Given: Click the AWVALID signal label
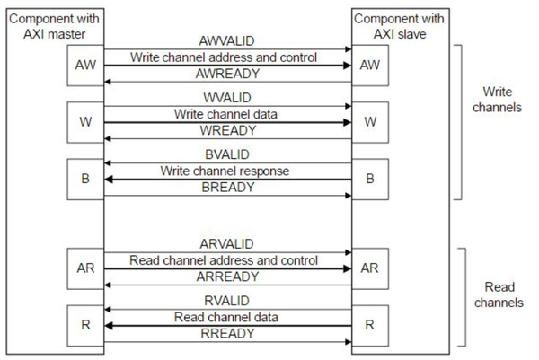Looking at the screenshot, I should (224, 42).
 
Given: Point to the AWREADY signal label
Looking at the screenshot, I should (224, 74).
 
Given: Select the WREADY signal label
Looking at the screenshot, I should (224, 129).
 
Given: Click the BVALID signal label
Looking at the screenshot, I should (224, 154).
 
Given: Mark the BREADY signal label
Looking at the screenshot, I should (224, 186).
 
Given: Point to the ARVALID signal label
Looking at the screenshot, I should (224, 244).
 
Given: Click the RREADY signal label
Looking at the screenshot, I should (224, 333).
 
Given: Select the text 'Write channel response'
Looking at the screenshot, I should (224, 170).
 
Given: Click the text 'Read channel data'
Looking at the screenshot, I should (224, 317).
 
